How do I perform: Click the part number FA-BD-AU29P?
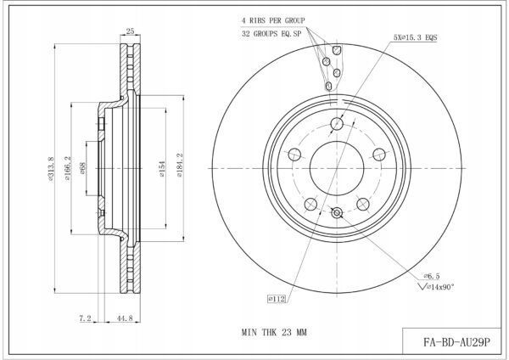(456, 342)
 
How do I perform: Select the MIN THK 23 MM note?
(274, 332)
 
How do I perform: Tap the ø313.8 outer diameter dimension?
(51, 168)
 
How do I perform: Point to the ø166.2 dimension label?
(68, 168)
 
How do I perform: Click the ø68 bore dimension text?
(82, 168)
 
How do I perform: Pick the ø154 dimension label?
(162, 169)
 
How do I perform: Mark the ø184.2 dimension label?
(180, 165)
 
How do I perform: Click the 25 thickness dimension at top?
(130, 31)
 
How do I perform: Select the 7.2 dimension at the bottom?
(85, 318)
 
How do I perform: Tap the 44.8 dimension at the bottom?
(125, 318)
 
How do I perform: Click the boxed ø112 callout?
(277, 299)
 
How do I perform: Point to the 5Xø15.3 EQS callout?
(415, 37)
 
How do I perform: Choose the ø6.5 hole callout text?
(432, 276)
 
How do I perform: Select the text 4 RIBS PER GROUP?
(273, 20)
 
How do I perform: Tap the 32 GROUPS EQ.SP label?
(271, 33)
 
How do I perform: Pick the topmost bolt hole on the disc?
(337, 123)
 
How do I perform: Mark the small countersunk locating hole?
(337, 213)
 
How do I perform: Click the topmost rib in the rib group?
(337, 50)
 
